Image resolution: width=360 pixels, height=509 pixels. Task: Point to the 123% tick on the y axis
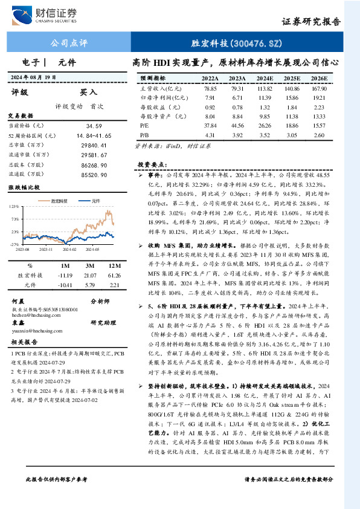click(14, 207)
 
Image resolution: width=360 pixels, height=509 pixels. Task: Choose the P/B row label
click(144, 135)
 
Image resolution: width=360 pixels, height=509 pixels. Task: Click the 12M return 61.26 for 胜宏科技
click(113, 275)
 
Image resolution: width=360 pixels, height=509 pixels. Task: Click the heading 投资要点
click(151, 164)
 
